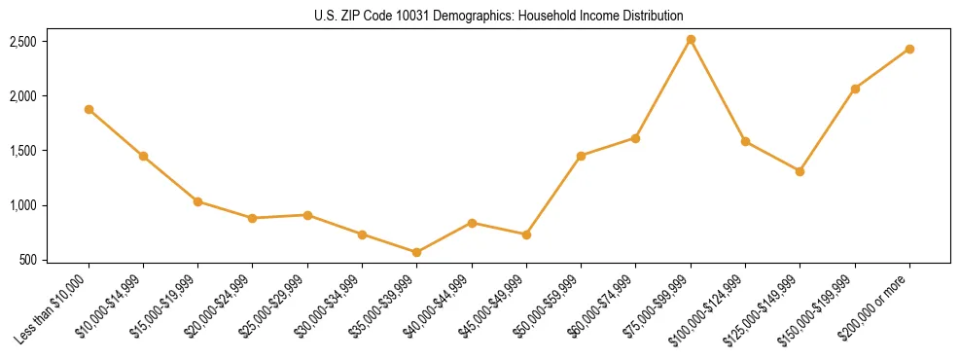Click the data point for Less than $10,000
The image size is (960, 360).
89,110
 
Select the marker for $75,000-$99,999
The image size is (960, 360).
691,40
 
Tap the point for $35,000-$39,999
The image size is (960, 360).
417,252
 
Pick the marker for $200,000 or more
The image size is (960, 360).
909,49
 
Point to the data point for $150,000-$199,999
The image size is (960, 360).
855,89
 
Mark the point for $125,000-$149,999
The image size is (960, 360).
800,171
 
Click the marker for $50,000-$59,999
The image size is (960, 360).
581,156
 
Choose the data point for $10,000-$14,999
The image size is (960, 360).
143,156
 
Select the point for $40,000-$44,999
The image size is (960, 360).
472,223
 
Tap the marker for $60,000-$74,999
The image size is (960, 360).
635,138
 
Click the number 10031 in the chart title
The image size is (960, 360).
423,16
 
